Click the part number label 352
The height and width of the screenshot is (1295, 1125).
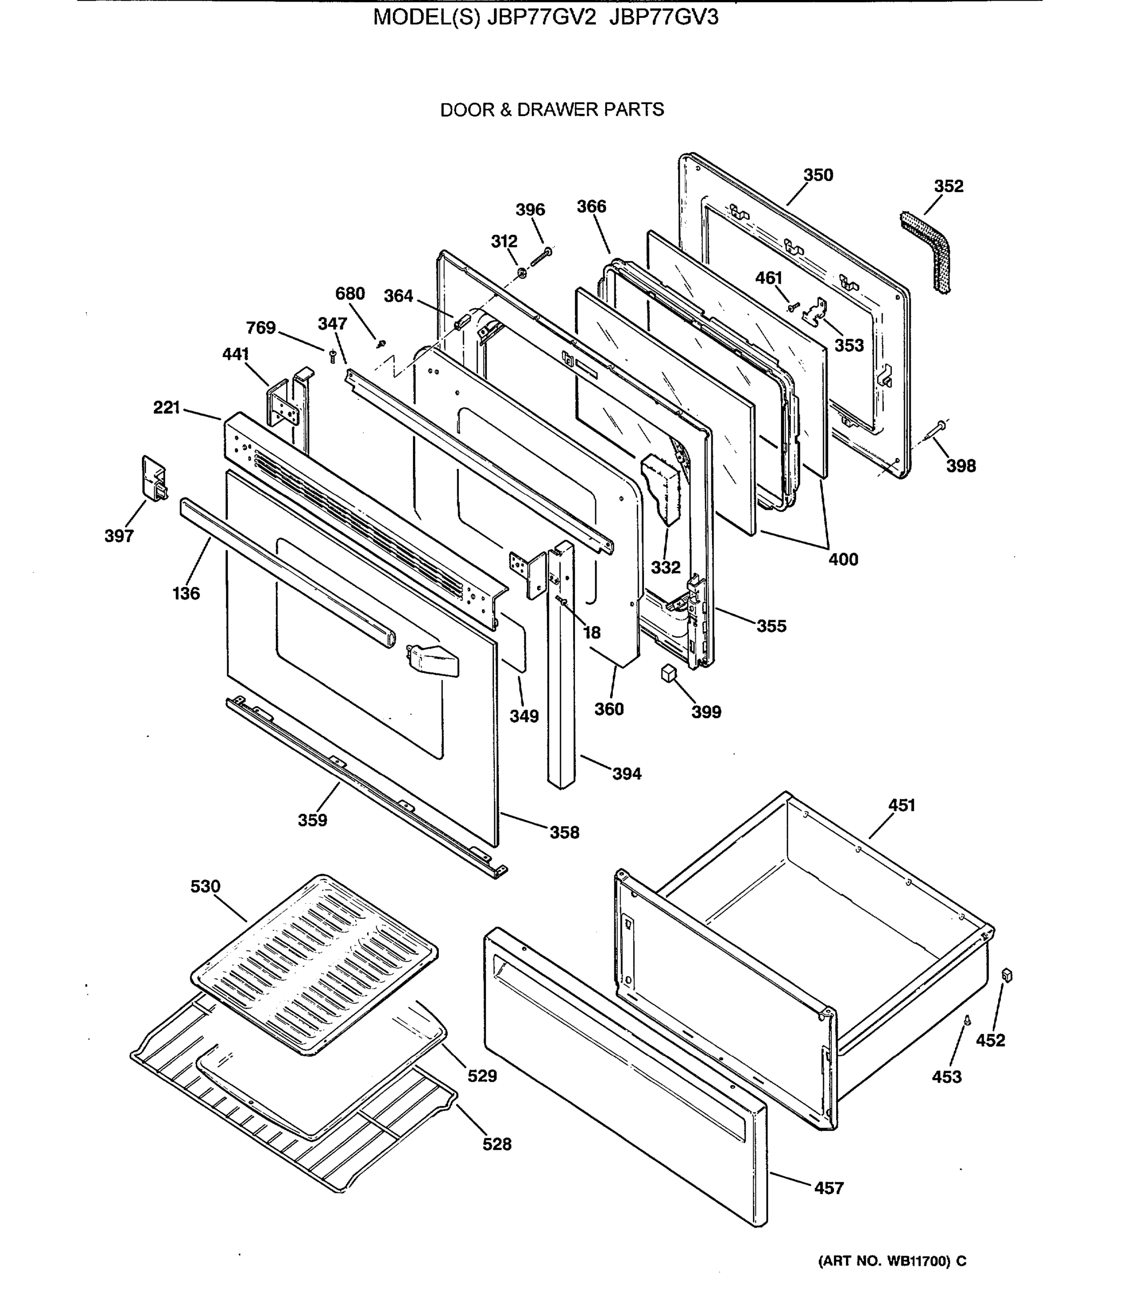tap(948, 186)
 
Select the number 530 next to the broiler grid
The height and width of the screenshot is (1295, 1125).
tap(205, 887)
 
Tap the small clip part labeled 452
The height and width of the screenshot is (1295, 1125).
tap(1008, 975)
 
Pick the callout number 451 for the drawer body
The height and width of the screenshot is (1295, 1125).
tap(902, 805)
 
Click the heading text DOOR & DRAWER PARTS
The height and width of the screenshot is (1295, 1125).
tap(552, 110)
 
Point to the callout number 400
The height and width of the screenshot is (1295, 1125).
tap(843, 559)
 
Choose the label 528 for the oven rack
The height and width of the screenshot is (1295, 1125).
tap(497, 1144)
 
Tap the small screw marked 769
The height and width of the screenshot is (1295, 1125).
tap(333, 356)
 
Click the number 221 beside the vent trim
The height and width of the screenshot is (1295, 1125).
tap(166, 408)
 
